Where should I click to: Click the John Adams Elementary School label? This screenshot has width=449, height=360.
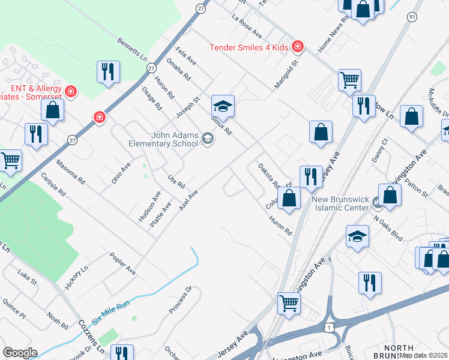[x=163, y=140]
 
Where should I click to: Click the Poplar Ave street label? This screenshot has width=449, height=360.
[x=122, y=264]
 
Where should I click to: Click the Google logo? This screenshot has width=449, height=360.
[x=20, y=353]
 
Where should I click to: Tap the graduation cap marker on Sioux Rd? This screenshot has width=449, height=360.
[x=222, y=106]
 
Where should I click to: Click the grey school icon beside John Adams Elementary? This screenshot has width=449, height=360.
[x=207, y=140]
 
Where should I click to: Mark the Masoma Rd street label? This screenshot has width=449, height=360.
[x=71, y=171]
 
